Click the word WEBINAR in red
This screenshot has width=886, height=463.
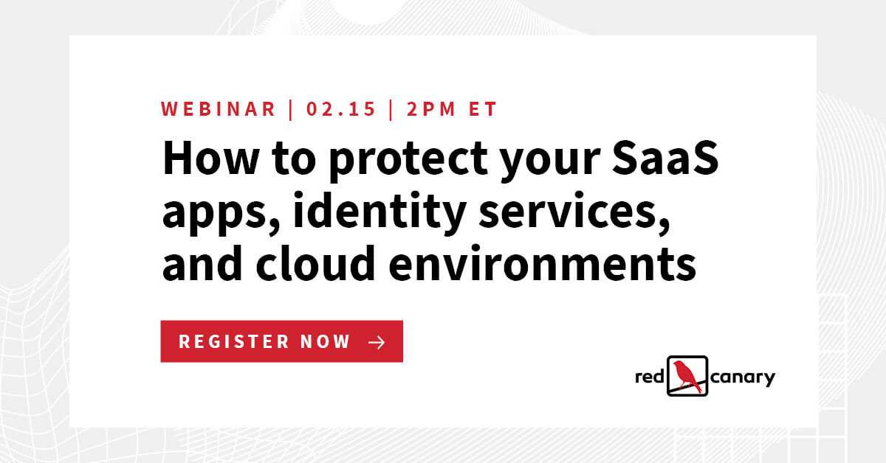(219, 110)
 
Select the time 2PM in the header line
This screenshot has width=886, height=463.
(428, 110)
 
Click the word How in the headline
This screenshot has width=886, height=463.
(199, 158)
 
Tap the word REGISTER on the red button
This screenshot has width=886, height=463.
(234, 342)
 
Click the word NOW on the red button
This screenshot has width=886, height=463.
(326, 342)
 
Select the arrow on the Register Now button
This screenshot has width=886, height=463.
(377, 342)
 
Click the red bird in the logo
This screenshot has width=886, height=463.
(687, 375)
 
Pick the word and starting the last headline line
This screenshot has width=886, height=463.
(197, 264)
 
